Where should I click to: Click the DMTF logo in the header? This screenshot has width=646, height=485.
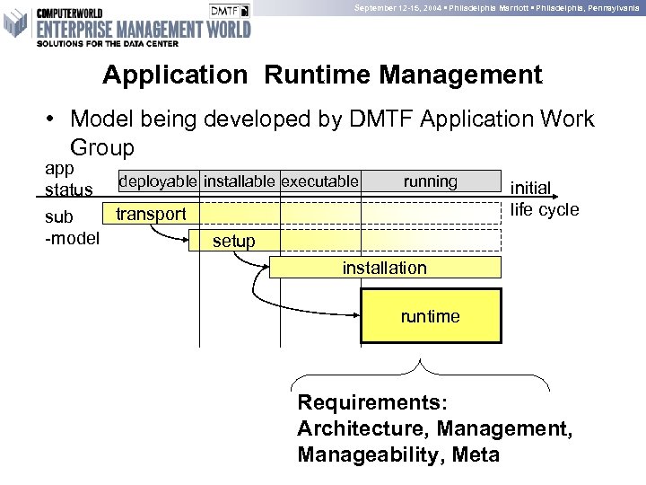point(231,10)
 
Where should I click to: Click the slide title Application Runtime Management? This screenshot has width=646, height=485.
point(322,75)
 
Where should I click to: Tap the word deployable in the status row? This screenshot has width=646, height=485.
point(158,181)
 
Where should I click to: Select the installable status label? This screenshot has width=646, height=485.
point(240,181)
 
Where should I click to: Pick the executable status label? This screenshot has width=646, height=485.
point(320,181)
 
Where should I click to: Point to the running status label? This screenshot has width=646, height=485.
point(430,181)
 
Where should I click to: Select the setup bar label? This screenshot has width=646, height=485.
point(234,241)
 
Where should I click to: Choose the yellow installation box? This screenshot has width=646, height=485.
point(384,268)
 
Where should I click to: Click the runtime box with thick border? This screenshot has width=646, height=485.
point(430,316)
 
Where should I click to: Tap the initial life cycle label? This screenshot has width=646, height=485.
point(545,199)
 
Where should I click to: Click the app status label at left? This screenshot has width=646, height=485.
point(68,179)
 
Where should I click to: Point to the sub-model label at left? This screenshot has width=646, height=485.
point(72,227)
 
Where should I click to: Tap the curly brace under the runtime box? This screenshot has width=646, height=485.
point(421,371)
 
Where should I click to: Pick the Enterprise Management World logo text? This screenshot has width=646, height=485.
point(144,30)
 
